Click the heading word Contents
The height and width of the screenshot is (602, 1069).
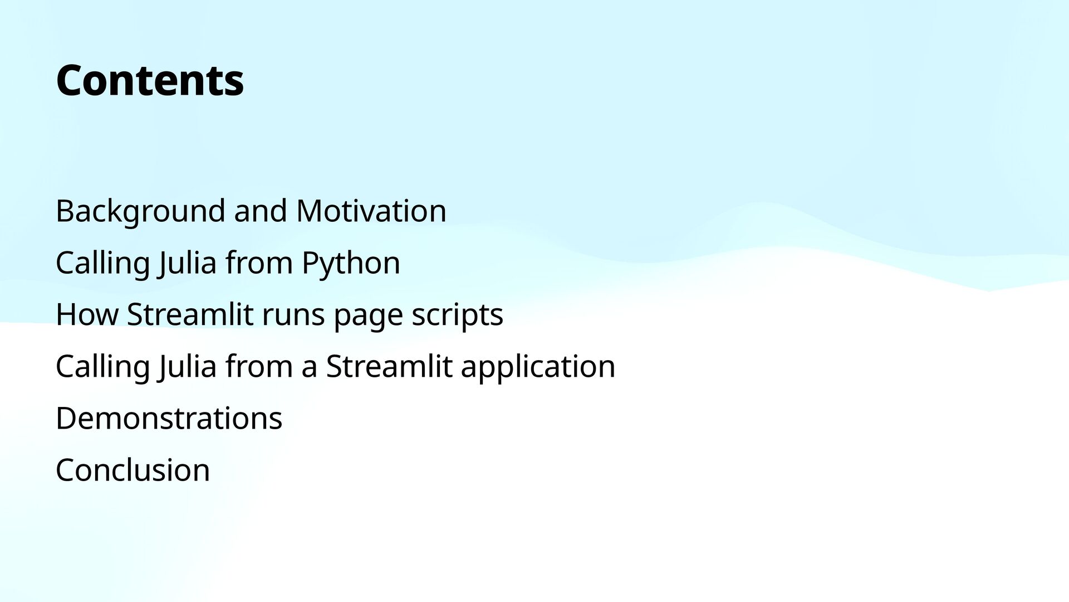point(150,80)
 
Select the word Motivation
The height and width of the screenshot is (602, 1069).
point(371,211)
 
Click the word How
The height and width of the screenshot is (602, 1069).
point(87,314)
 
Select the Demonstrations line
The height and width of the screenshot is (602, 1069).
point(169,418)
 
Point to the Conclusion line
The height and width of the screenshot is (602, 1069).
point(133,470)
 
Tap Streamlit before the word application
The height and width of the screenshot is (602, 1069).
point(389,366)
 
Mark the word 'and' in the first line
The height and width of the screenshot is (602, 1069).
point(261,211)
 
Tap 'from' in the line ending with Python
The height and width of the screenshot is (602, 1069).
point(259,263)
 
